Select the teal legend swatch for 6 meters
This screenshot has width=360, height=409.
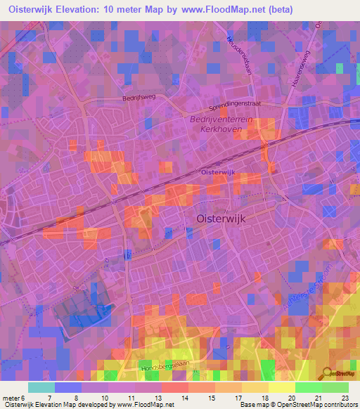[41, 387]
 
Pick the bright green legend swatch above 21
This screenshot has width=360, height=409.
[308, 387]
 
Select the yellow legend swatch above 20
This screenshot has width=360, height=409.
[281, 387]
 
